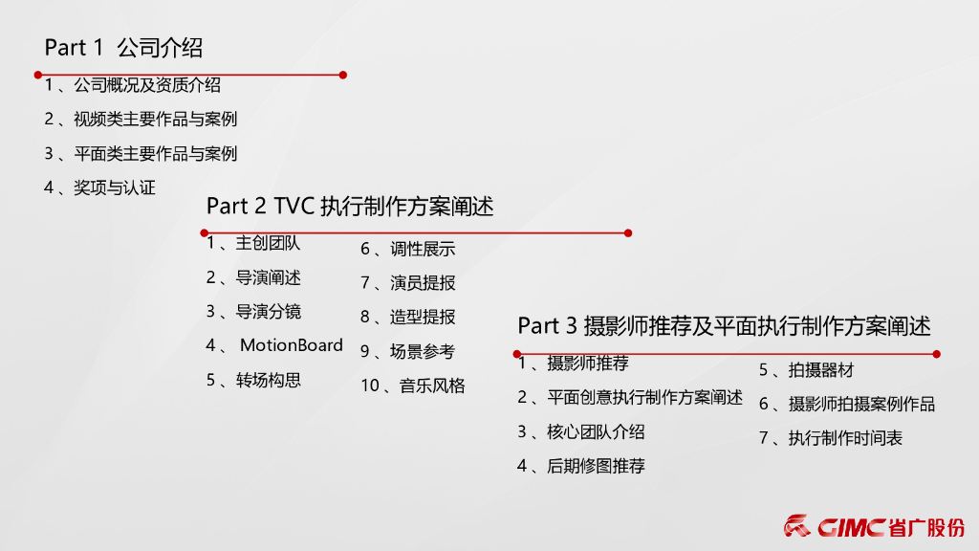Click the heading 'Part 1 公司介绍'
point(123,47)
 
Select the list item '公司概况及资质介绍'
point(146,85)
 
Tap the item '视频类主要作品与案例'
point(155,120)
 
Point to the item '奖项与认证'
point(114,187)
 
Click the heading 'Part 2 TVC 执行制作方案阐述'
point(350,206)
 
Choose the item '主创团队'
point(268,243)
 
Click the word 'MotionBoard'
point(291,345)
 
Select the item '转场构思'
point(269,380)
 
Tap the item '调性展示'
point(423,249)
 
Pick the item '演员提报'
point(423,283)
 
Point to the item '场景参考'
point(423,351)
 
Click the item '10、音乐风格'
point(413,386)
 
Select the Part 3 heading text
point(724,326)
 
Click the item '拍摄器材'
point(820,370)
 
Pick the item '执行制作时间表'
point(845,438)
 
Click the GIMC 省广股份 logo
point(874,526)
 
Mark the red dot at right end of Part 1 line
point(343,75)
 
